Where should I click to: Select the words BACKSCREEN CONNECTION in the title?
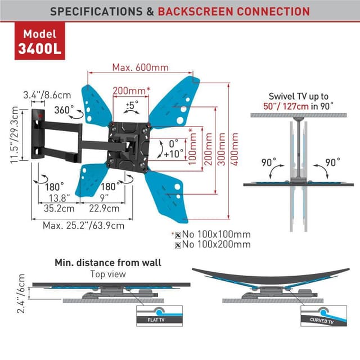click(x=233, y=11)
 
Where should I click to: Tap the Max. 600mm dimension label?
click(x=140, y=67)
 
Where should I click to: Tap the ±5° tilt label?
click(x=133, y=105)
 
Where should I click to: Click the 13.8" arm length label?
click(x=58, y=197)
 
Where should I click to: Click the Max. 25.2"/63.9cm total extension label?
click(x=83, y=226)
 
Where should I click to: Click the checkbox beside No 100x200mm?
click(x=178, y=245)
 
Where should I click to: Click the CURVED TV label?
click(x=322, y=321)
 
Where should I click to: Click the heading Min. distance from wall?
click(x=107, y=263)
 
